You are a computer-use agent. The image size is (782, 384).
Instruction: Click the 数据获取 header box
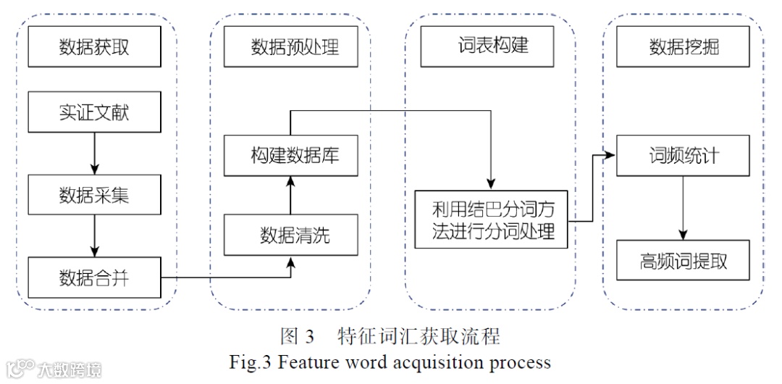pyautogui.click(x=94, y=46)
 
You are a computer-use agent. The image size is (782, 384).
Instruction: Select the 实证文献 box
pyautogui.click(x=94, y=112)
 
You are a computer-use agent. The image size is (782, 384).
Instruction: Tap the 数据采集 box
pyautogui.click(x=94, y=194)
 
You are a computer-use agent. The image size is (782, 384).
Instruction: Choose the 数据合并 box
pyautogui.click(x=94, y=277)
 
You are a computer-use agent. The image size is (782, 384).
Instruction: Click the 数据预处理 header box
pyautogui.click(x=291, y=46)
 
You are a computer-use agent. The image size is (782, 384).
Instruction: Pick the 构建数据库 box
pyautogui.click(x=291, y=155)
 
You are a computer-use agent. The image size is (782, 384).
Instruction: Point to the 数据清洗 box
pyautogui.click(x=291, y=235)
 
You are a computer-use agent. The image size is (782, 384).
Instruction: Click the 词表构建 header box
pyautogui.click(x=487, y=46)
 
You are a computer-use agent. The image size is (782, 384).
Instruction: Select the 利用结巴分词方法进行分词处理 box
pyautogui.click(x=491, y=220)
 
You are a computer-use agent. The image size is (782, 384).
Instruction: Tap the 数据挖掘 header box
pyautogui.click(x=683, y=46)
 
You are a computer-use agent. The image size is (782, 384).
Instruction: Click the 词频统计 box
pyautogui.click(x=683, y=155)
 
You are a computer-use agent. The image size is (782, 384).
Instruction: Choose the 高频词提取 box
pyautogui.click(x=683, y=260)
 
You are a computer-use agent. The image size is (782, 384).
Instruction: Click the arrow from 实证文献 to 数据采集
pyautogui.click(x=94, y=154)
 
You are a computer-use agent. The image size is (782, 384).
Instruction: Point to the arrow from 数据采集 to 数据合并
pyautogui.click(x=94, y=235)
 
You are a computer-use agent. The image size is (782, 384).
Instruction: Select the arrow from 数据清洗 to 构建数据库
pyautogui.click(x=291, y=195)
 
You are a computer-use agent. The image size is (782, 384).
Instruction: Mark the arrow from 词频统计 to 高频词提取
pyautogui.click(x=683, y=208)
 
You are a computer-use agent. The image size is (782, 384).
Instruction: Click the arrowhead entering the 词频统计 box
pyautogui.click(x=611, y=155)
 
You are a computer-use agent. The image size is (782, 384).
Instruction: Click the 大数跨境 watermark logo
pyautogui.click(x=54, y=370)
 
